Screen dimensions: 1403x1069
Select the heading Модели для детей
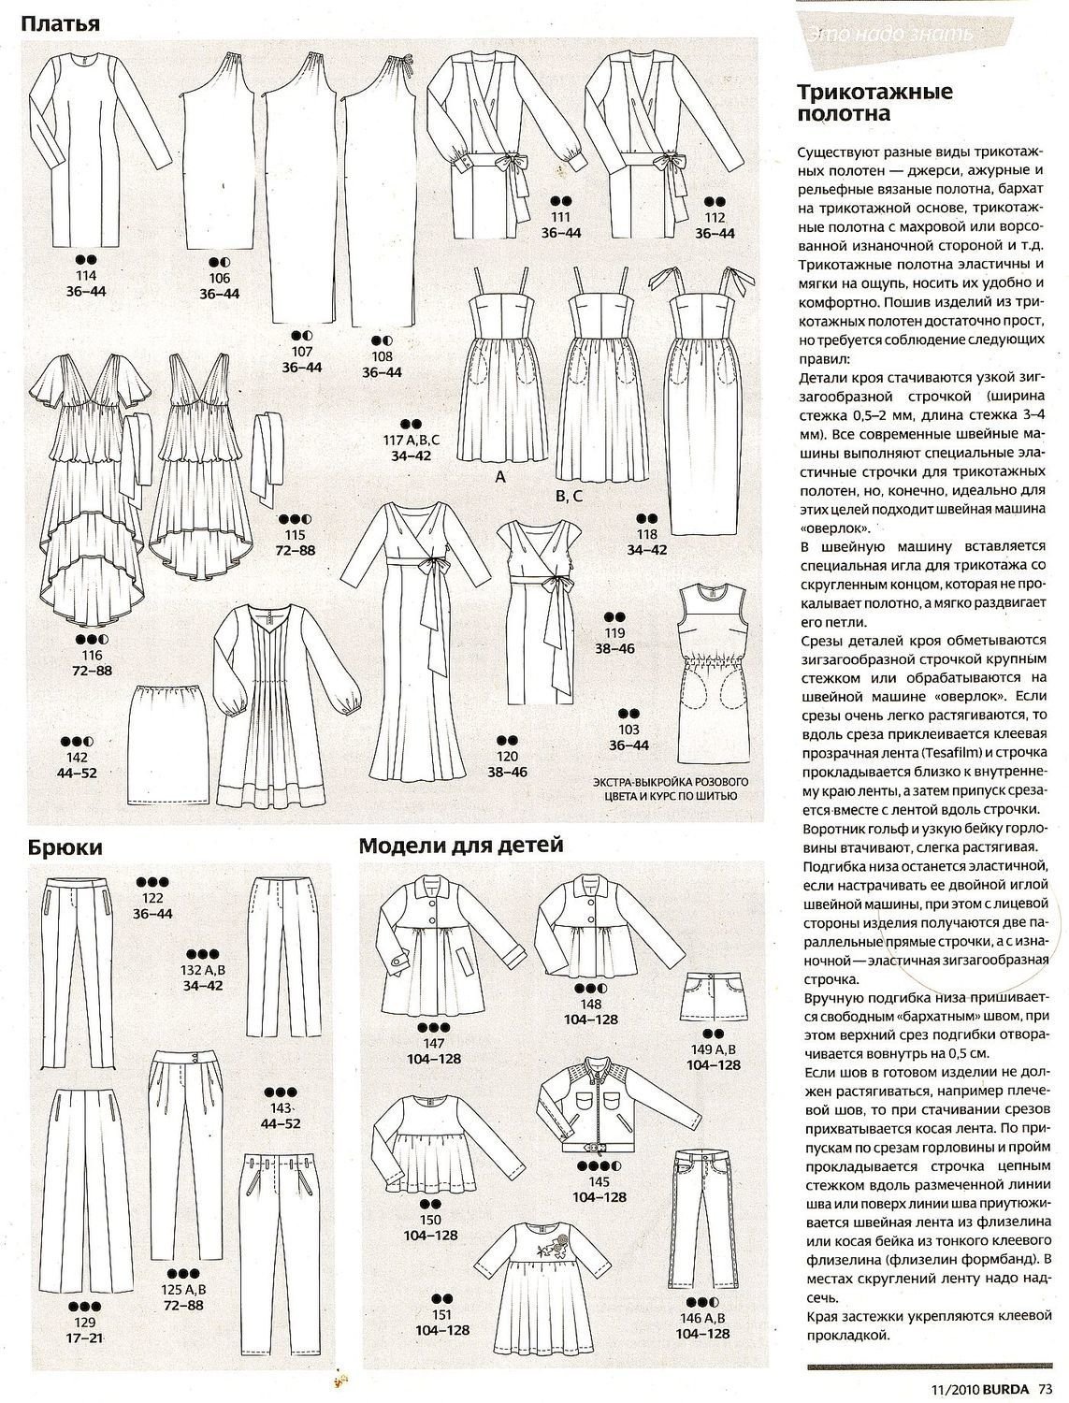click(x=461, y=846)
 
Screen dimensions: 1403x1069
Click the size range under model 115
click(x=295, y=550)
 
